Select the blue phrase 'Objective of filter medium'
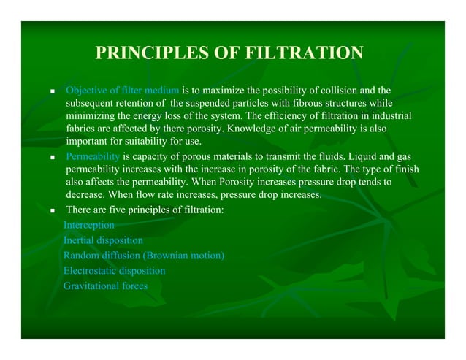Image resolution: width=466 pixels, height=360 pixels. click(122, 90)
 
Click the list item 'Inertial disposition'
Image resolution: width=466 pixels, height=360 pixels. click(103, 240)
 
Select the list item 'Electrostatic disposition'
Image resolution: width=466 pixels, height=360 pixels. click(114, 271)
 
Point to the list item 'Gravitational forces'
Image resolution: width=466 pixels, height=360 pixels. click(105, 286)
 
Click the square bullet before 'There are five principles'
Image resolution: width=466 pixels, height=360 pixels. click(53, 210)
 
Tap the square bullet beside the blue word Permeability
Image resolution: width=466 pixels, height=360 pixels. click(53, 157)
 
